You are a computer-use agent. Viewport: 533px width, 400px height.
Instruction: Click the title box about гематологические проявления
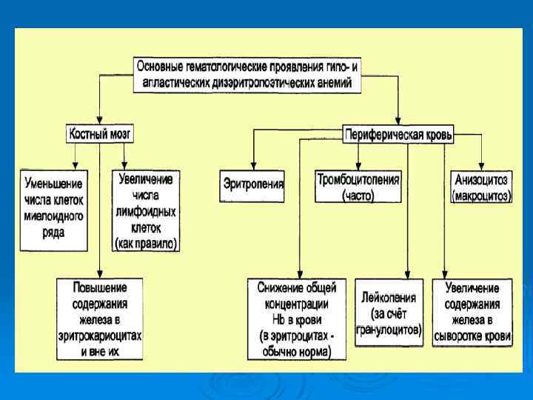(248, 75)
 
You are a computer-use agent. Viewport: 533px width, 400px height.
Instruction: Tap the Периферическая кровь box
(398, 135)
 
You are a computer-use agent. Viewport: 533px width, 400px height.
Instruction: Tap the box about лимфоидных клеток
(147, 210)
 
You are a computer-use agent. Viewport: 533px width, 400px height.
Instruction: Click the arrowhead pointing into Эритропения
(253, 167)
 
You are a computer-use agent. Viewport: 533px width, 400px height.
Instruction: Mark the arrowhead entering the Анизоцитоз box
(482, 167)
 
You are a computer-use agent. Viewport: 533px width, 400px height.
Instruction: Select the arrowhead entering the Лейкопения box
(408, 275)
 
